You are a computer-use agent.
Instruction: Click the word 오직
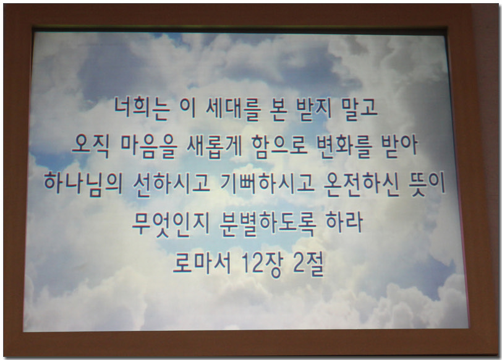(91, 147)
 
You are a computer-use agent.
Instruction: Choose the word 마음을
(149, 147)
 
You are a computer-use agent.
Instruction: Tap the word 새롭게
(214, 147)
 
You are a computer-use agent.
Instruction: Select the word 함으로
(279, 147)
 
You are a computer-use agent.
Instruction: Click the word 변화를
(344, 147)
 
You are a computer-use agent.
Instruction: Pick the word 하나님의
(83, 184)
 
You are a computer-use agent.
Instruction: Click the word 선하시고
(172, 184)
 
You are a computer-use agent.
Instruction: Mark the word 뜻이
(427, 184)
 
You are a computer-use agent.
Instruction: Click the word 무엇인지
(171, 223)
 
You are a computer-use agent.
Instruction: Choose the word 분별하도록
(268, 223)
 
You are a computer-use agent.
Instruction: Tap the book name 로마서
(202, 263)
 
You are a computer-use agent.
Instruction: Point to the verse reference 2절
(308, 264)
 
